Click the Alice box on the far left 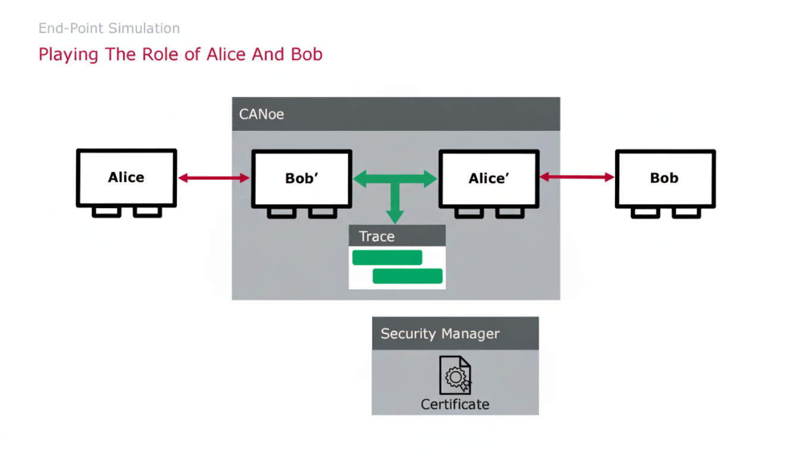126,177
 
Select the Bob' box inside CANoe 302,178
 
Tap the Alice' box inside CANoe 489,178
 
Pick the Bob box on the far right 665,178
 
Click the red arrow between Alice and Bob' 214,177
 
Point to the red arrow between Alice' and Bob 577,177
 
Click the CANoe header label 261,114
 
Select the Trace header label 376,236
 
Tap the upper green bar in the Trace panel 387,258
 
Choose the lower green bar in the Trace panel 407,276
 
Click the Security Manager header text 440,334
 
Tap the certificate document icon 455,375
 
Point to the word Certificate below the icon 455,405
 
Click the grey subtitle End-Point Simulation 109,28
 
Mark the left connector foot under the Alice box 107,212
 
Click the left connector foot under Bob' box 282,212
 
